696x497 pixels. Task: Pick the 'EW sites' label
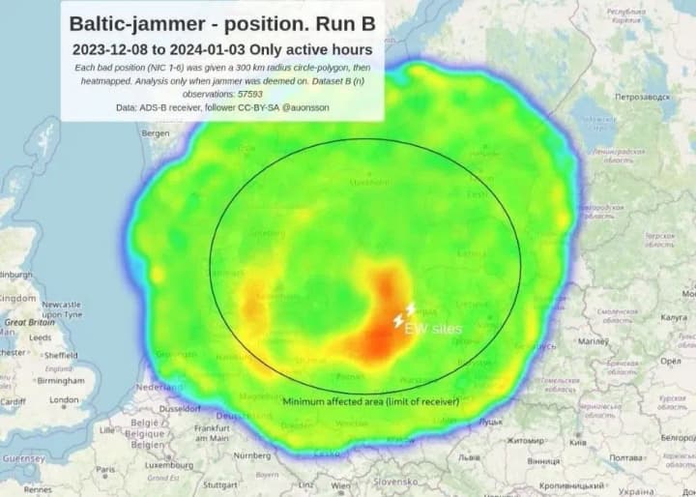pos(433,330)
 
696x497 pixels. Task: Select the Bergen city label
pos(155,134)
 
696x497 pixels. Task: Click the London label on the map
pos(64,399)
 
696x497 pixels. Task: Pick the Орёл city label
pos(670,361)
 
